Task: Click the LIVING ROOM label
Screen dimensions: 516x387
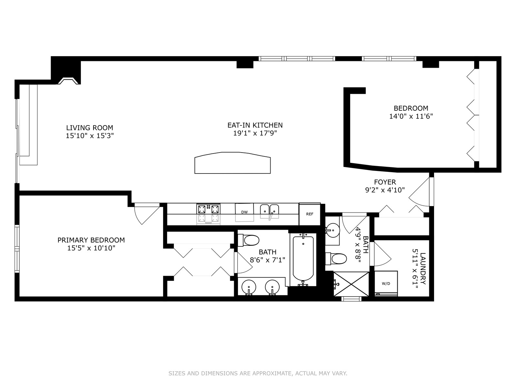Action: coord(90,128)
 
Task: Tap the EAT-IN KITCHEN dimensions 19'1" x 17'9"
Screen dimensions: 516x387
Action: coord(255,133)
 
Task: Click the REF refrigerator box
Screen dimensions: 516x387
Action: coord(310,214)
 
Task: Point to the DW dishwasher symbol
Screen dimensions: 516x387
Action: coord(244,212)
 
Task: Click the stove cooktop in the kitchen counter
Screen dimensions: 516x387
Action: coord(209,213)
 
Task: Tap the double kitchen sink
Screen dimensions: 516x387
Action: coord(269,212)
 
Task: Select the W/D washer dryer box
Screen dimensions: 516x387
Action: coord(386,283)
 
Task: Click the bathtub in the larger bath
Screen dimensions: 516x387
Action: coord(303,260)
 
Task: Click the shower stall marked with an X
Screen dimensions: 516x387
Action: coord(351,284)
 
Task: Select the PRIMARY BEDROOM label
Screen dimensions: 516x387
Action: coord(91,240)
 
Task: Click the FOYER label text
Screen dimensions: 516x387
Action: coord(385,182)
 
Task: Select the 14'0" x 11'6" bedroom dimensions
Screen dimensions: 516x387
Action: coord(411,116)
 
